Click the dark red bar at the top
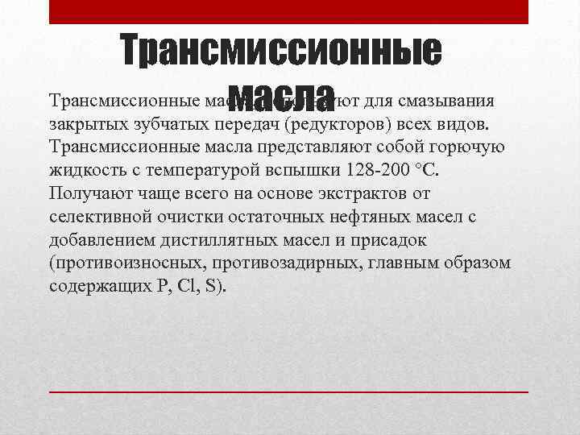click(289, 11)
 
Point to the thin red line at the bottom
click(289, 390)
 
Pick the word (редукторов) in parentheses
click(338, 126)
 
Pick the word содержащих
click(96, 285)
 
